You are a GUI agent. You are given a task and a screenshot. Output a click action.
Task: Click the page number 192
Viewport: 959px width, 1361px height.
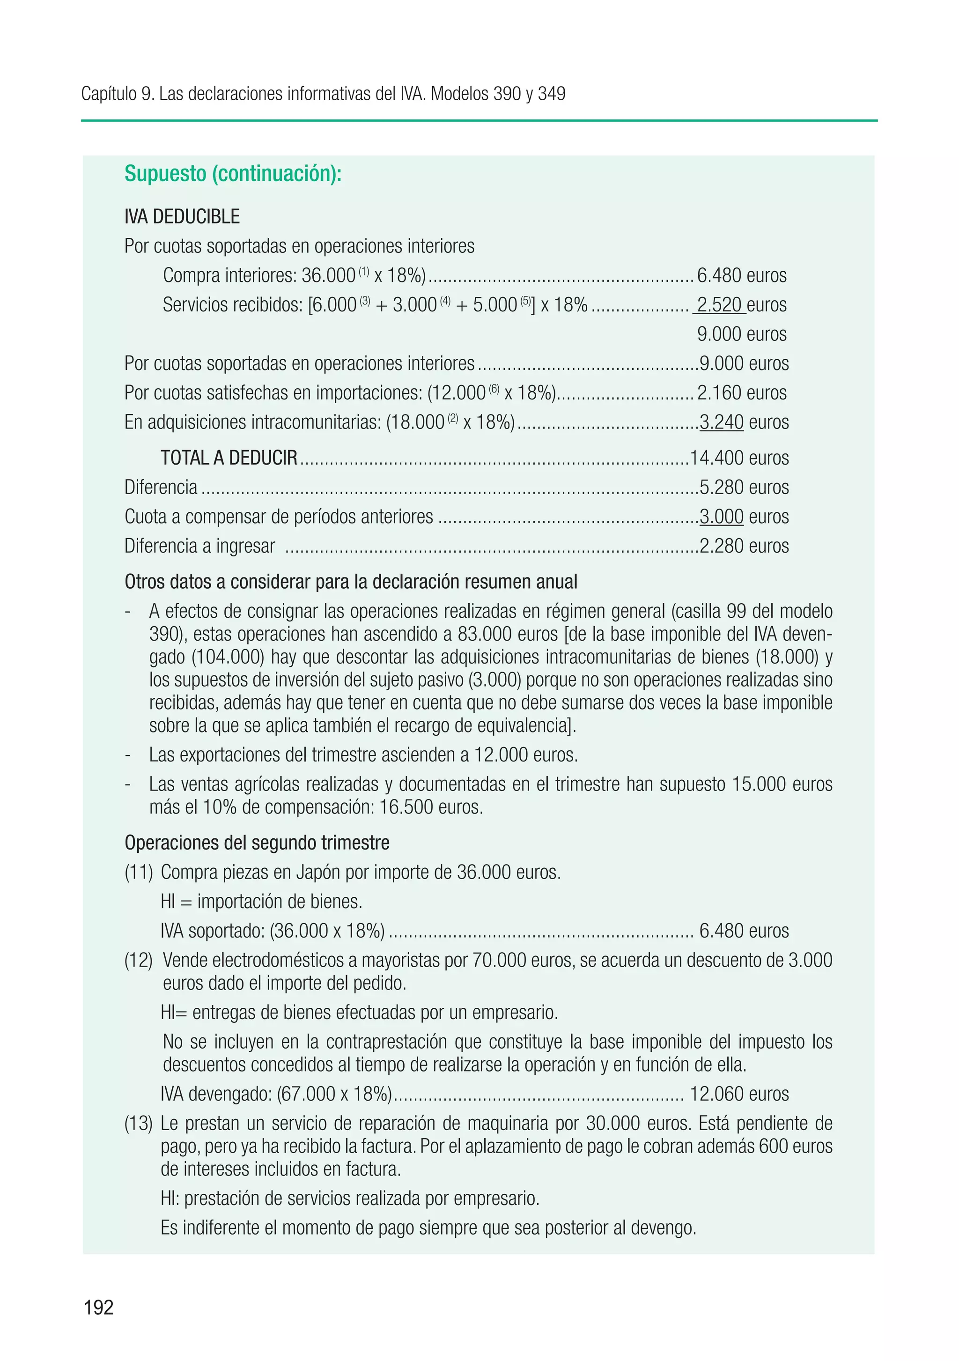coord(98,1307)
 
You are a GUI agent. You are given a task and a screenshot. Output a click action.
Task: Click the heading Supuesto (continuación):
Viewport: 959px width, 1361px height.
coord(233,174)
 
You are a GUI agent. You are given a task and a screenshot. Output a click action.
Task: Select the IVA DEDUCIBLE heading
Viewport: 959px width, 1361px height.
coord(182,217)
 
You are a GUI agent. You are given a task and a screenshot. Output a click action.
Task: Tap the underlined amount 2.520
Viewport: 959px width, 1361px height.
coord(719,305)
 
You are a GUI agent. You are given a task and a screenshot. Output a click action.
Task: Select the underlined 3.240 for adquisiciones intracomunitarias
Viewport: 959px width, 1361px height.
coord(721,422)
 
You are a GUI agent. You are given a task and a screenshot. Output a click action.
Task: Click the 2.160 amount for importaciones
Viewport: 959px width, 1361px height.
coord(719,393)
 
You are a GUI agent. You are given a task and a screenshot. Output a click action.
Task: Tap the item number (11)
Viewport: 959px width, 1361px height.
coord(139,873)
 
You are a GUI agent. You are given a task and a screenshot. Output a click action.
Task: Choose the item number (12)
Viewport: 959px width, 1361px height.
coord(139,960)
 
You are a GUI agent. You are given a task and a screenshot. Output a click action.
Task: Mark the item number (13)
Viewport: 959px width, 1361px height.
coord(139,1123)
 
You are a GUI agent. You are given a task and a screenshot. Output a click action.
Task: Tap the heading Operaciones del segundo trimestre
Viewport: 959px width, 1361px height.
coord(257,843)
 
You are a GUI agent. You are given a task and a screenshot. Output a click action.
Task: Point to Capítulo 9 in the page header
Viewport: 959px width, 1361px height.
coord(117,94)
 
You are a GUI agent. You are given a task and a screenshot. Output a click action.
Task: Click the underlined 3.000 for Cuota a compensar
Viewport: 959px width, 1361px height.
coord(721,517)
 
